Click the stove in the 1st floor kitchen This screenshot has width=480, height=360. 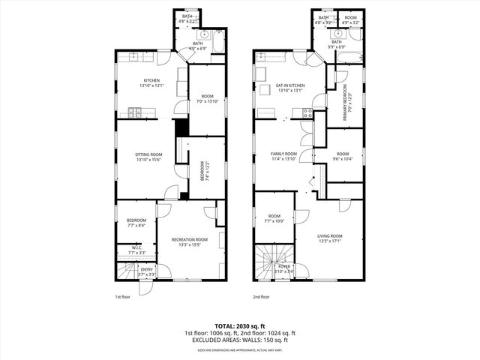[x=136, y=113]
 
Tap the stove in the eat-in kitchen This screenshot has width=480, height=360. [x=306, y=113]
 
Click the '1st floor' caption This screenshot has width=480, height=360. [x=124, y=297]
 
